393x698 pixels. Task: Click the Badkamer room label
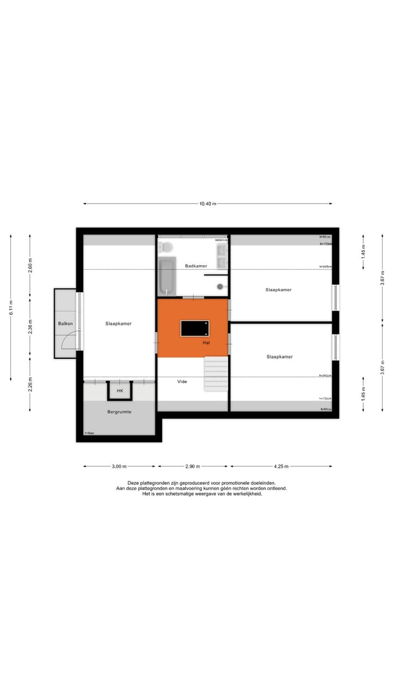(196, 266)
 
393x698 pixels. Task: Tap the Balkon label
(65, 324)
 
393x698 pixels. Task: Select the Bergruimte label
(119, 412)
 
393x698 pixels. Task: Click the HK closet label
(120, 391)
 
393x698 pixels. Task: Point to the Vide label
(182, 382)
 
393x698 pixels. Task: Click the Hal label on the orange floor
(206, 342)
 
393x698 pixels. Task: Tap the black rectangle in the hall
(195, 328)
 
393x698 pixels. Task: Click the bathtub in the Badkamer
(166, 276)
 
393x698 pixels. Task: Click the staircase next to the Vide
(215, 374)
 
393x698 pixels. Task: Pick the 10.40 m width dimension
(207, 203)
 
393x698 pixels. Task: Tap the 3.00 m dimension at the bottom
(119, 466)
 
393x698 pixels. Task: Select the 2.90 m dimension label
(192, 466)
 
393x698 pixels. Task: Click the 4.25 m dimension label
(281, 466)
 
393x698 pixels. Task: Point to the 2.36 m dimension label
(30, 326)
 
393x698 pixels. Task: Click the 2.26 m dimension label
(30, 384)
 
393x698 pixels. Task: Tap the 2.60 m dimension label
(30, 264)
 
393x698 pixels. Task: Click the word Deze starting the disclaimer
(134, 483)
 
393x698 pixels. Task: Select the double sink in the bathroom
(222, 256)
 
